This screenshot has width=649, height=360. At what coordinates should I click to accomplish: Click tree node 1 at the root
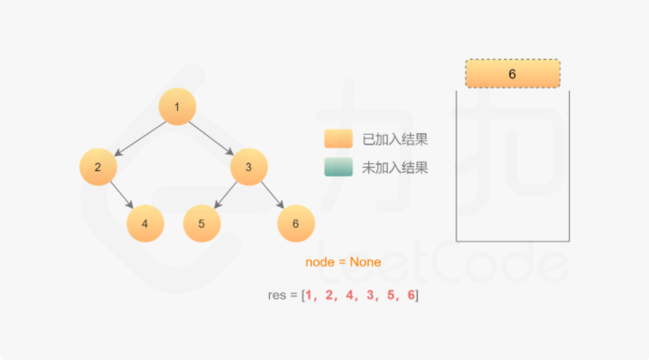[x=177, y=107]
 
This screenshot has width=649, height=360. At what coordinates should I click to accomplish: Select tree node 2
[x=98, y=167]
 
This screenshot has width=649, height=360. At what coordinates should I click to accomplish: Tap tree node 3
[x=248, y=167]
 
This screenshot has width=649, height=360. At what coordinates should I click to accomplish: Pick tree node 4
[x=144, y=223]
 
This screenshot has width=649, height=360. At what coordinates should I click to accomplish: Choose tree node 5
[x=201, y=223]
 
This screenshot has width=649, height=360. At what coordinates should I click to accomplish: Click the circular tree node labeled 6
[x=296, y=223]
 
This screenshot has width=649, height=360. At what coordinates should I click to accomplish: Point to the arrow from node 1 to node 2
[x=139, y=137]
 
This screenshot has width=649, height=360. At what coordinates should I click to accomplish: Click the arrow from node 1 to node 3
[x=212, y=137]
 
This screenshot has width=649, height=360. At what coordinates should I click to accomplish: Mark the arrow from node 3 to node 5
[x=224, y=196]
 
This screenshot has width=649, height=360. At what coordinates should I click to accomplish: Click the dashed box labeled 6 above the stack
[x=512, y=74]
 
